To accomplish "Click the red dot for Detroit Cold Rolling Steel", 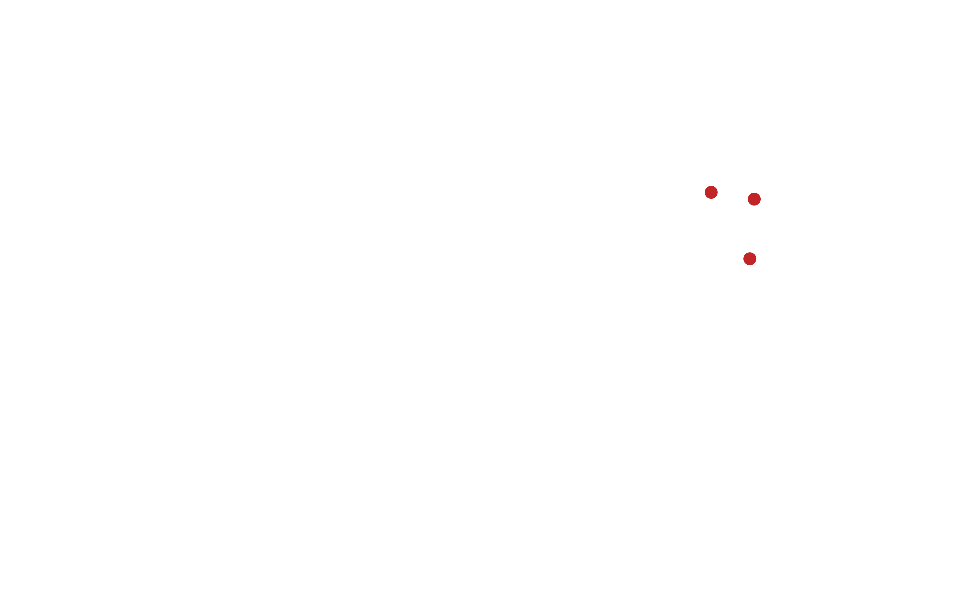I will pos(711,192).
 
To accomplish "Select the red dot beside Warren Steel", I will pos(754,199).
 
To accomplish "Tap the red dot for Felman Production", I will pos(749,259).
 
